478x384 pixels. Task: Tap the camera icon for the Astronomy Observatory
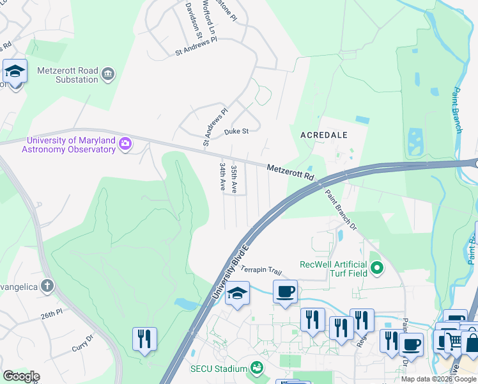[125, 145]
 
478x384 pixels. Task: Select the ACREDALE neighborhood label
[324, 135]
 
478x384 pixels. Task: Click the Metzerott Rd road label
[291, 171]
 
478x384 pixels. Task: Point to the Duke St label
[236, 132]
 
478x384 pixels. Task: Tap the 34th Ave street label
[222, 177]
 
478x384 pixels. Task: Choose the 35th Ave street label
[235, 179]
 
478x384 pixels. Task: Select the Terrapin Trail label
[261, 271]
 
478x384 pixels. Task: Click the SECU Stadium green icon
[256, 368]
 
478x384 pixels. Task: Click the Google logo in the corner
[21, 376]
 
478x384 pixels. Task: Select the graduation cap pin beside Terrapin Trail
[238, 294]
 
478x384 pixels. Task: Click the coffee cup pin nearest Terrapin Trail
[285, 291]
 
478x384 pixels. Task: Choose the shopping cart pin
[454, 342]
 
